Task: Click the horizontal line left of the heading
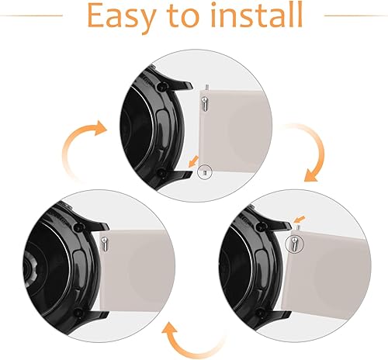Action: [x=31, y=15]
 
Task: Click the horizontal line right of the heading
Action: [x=354, y=15]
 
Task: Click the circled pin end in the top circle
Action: [x=203, y=171]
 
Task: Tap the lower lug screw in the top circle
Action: [x=160, y=171]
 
